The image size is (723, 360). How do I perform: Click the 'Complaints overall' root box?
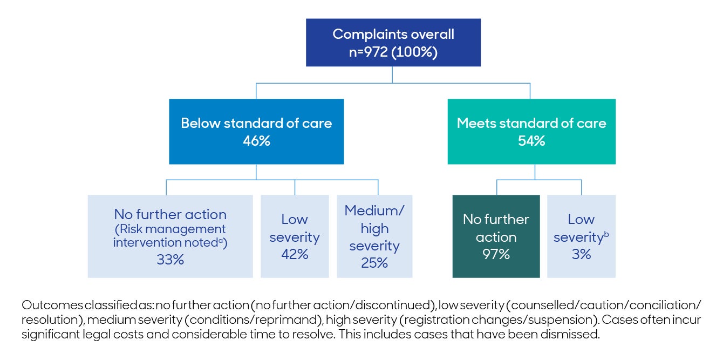click(x=393, y=43)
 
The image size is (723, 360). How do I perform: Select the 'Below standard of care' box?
click(x=256, y=131)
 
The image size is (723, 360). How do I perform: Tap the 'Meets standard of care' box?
click(x=531, y=131)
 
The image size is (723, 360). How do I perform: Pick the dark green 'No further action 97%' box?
click(x=496, y=236)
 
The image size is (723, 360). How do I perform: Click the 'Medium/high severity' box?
click(x=374, y=236)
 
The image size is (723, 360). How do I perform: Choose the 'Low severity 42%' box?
click(x=295, y=236)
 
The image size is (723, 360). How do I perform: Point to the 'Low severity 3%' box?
click(x=581, y=236)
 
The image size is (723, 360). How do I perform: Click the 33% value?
click(x=170, y=260)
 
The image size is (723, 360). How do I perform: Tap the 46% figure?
click(x=256, y=141)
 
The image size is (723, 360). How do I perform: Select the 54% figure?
click(x=531, y=141)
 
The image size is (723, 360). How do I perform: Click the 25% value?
click(x=374, y=263)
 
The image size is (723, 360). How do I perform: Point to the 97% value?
click(x=496, y=254)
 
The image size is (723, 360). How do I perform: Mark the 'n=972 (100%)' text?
click(x=393, y=53)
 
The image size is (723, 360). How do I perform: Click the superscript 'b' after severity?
click(x=606, y=234)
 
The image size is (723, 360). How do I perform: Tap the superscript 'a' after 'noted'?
click(x=221, y=241)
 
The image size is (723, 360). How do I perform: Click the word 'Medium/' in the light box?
click(x=374, y=210)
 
